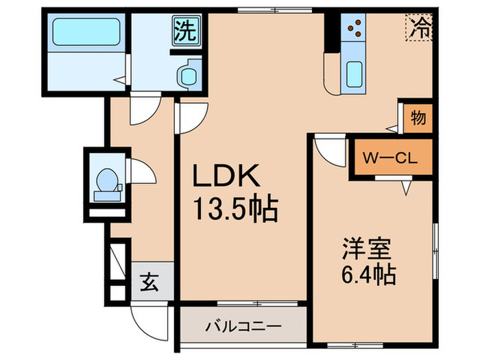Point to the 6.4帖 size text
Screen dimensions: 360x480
(368, 275)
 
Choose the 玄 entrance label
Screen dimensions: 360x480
(149, 282)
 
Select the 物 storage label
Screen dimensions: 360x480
(418, 117)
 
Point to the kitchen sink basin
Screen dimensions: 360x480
(355, 73)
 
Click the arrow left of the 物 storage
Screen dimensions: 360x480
(392, 127)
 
